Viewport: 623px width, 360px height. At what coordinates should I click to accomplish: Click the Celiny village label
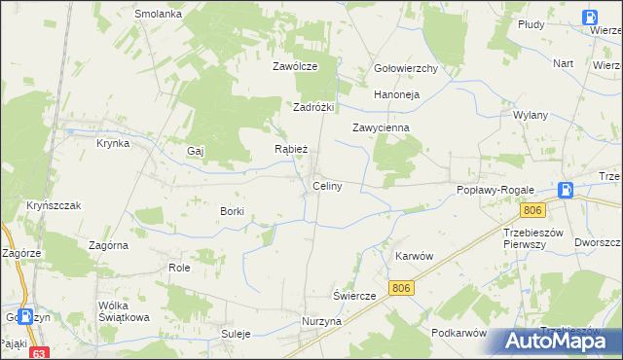tap(326, 186)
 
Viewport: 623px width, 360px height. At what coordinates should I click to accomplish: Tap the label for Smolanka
tap(159, 15)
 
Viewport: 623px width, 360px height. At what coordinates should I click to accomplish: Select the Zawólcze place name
tap(295, 67)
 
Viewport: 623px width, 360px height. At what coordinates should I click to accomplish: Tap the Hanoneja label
tap(396, 94)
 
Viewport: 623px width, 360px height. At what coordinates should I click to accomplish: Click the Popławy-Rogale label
tap(492, 191)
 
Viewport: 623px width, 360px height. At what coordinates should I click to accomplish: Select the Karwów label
tap(414, 255)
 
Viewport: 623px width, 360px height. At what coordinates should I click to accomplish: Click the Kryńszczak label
tap(53, 205)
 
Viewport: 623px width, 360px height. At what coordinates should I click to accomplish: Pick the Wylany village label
tap(531, 114)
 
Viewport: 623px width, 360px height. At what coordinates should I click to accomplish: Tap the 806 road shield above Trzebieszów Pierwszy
tap(531, 210)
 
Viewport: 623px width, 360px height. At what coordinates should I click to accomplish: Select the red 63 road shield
tap(39, 353)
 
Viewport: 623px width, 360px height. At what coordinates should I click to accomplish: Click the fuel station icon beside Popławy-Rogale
tap(567, 191)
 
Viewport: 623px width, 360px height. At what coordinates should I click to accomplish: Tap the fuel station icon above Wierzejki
tap(591, 17)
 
